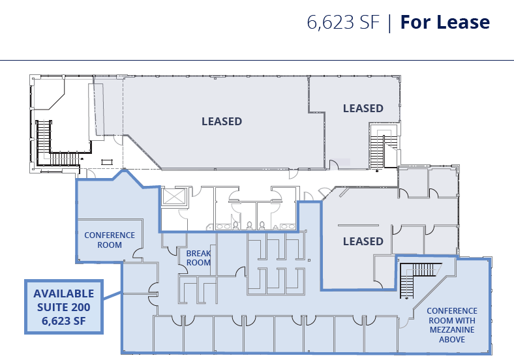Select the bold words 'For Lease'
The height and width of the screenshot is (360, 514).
tap(444, 22)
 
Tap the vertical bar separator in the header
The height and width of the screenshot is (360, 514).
tap(389, 22)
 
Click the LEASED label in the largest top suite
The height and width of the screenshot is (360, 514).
tap(221, 121)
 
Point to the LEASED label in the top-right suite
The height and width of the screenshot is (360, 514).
tap(363, 108)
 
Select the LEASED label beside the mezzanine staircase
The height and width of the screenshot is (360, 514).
tap(363, 241)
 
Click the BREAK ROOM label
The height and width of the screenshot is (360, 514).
tap(198, 258)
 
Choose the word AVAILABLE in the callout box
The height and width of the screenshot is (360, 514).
tap(63, 293)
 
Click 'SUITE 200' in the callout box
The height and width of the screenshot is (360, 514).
tap(63, 307)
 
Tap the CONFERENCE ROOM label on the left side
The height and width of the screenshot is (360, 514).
tap(110, 240)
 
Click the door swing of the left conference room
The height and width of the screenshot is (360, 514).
tap(136, 252)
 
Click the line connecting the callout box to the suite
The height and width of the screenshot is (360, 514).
tap(112, 297)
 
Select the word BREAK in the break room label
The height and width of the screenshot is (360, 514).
tap(198, 254)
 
